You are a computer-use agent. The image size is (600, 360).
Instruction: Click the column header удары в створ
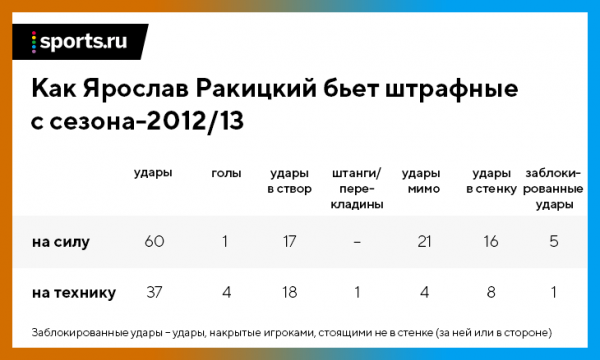coord(291,180)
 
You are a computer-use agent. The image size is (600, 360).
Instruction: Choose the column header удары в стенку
coord(491,180)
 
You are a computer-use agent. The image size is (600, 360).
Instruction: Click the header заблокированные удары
coord(553,188)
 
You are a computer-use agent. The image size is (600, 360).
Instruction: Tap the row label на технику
coord(74,293)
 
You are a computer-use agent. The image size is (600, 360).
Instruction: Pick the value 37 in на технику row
coord(154,293)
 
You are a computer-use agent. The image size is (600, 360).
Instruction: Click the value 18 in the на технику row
coord(291,293)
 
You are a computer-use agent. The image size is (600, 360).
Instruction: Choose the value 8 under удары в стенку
coord(491,293)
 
